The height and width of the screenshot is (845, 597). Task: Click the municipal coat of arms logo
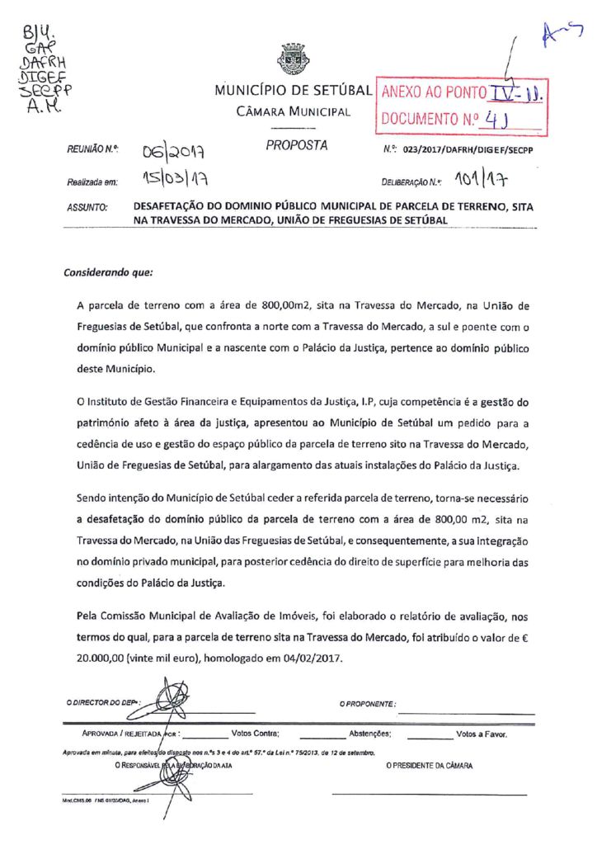point(293,59)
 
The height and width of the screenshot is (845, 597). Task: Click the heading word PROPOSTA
point(296,146)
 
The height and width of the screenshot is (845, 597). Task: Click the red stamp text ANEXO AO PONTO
point(434,92)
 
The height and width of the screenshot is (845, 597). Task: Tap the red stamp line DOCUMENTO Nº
point(429,118)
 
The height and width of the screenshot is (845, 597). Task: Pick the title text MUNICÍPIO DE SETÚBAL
point(294,91)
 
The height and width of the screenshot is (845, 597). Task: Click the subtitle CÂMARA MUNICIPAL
point(294,111)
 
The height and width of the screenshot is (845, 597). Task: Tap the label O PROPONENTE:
point(368,704)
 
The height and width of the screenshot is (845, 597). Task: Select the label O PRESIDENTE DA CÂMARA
point(430,767)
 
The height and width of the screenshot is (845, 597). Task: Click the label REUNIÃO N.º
point(89,150)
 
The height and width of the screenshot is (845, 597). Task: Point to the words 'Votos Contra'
point(256,733)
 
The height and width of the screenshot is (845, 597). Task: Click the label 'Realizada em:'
point(89,181)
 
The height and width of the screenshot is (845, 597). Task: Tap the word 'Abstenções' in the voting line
point(375,733)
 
